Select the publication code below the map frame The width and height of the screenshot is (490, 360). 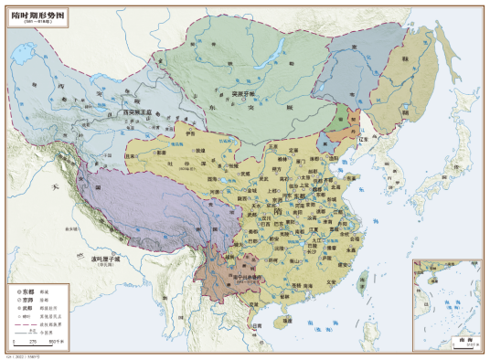(22, 355)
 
